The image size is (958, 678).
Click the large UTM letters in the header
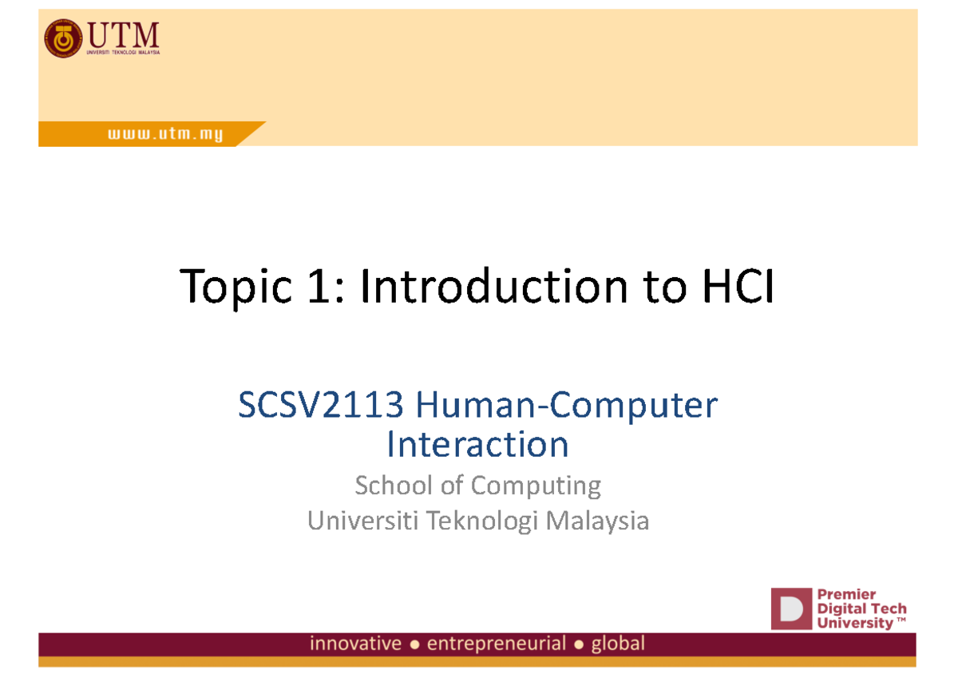pos(123,34)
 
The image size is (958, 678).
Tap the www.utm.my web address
pos(165,136)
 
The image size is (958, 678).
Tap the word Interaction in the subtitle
pos(477,445)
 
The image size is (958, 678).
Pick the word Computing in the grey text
pos(536,486)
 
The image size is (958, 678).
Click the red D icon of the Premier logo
pos(790,609)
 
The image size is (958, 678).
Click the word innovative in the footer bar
pos(356,644)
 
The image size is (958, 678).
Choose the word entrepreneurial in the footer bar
pos(497,644)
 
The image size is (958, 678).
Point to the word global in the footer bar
pos(617,644)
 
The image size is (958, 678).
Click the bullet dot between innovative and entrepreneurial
pos(414,644)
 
